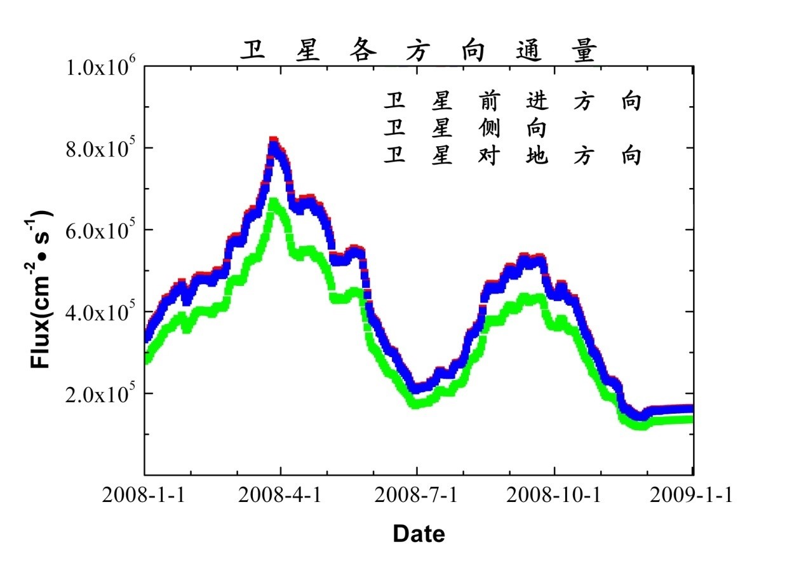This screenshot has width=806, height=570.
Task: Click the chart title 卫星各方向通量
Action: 419,52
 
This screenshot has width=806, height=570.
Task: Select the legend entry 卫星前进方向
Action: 512,101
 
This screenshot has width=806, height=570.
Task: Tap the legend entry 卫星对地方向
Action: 512,156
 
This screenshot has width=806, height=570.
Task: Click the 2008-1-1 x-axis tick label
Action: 144,495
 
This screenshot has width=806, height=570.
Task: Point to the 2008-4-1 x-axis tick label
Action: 280,495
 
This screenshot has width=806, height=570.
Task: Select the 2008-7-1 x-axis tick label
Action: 417,495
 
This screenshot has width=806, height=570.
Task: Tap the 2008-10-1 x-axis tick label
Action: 554,495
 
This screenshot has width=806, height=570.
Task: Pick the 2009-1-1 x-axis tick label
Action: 692,495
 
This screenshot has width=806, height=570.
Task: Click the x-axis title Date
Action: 419,534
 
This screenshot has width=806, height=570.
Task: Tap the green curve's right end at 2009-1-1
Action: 690,419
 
